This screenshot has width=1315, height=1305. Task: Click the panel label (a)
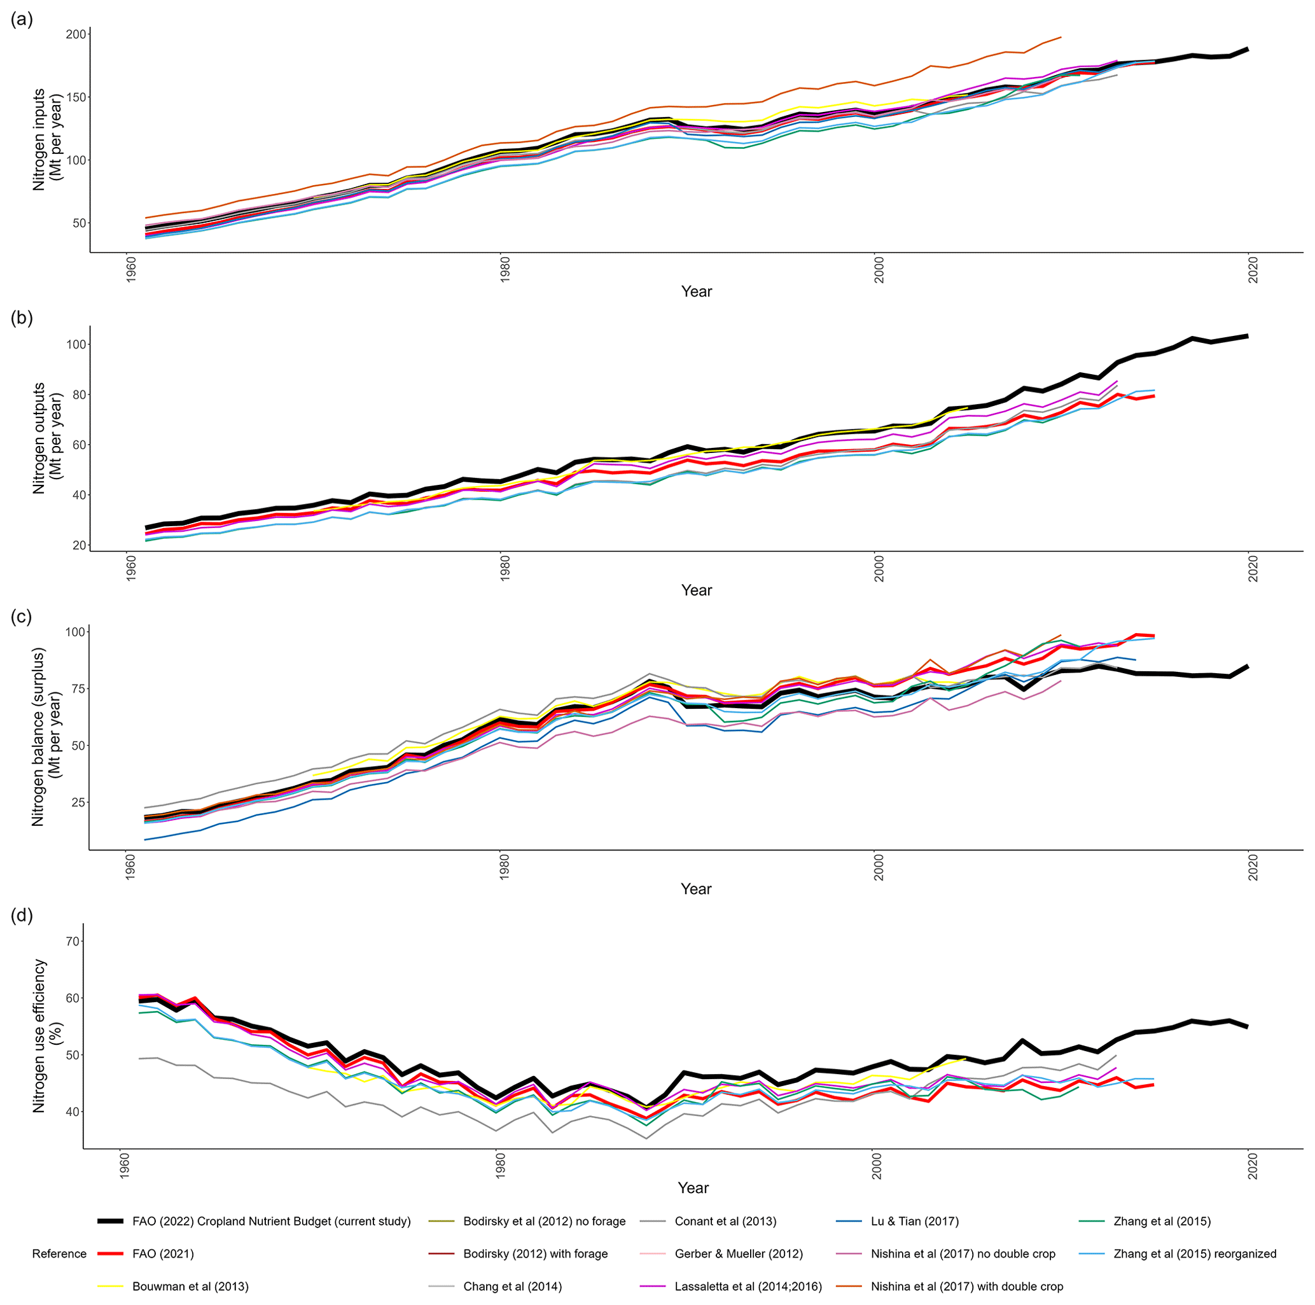click(22, 20)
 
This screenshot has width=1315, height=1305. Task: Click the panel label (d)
click(22, 916)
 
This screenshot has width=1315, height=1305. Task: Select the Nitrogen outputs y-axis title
click(48, 438)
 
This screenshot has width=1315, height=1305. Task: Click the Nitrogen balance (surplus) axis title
click(48, 737)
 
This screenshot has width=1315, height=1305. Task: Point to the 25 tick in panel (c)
click(76, 802)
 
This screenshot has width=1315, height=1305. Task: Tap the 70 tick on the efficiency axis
click(71, 942)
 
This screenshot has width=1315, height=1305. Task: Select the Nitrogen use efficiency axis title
click(48, 1035)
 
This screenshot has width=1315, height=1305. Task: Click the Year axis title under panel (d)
click(693, 1188)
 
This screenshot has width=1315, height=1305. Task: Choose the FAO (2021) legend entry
click(163, 1254)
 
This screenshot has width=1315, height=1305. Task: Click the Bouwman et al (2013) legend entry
click(190, 1287)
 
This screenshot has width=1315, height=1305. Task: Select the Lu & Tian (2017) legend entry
click(914, 1221)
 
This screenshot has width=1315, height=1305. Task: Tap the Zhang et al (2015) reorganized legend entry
click(1195, 1254)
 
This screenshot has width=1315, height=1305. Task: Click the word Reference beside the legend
click(59, 1254)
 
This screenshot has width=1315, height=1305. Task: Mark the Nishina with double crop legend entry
click(966, 1287)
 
